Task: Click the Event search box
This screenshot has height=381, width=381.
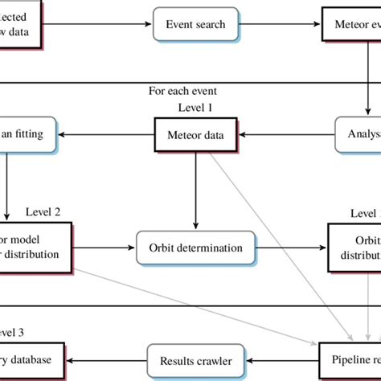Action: coord(195,25)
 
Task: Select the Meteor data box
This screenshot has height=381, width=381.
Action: coord(195,133)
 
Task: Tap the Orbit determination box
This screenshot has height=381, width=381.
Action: coord(195,248)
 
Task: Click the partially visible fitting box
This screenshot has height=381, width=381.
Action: coord(28,133)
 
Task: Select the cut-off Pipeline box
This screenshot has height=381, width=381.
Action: coord(354,361)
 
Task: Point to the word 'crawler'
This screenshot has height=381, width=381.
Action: coord(212,361)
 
